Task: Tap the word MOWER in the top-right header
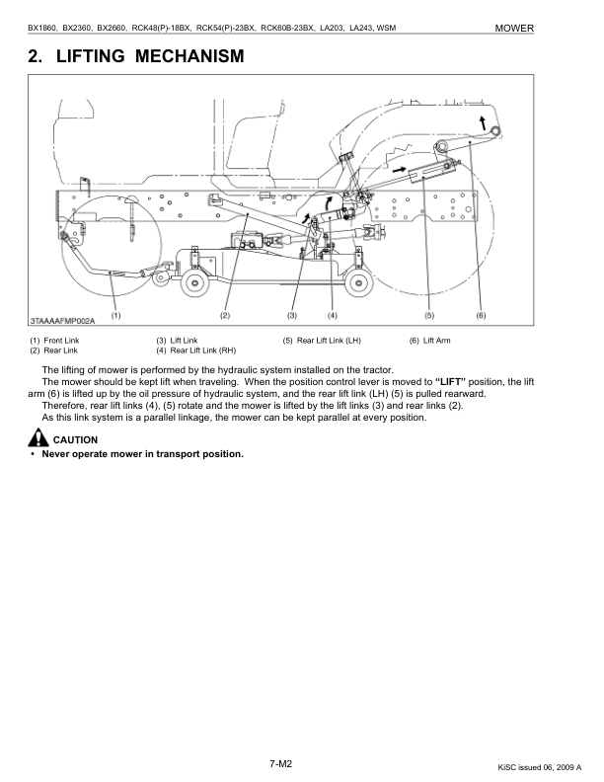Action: [514, 29]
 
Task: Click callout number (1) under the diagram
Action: [115, 316]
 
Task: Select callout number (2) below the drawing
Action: [224, 316]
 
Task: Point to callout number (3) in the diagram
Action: [292, 316]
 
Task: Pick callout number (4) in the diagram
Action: [333, 316]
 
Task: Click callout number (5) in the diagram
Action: [429, 316]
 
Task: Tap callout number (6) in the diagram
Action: [481, 316]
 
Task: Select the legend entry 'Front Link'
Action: [60, 341]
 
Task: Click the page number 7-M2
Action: [282, 762]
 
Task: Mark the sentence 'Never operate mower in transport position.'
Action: [142, 454]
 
